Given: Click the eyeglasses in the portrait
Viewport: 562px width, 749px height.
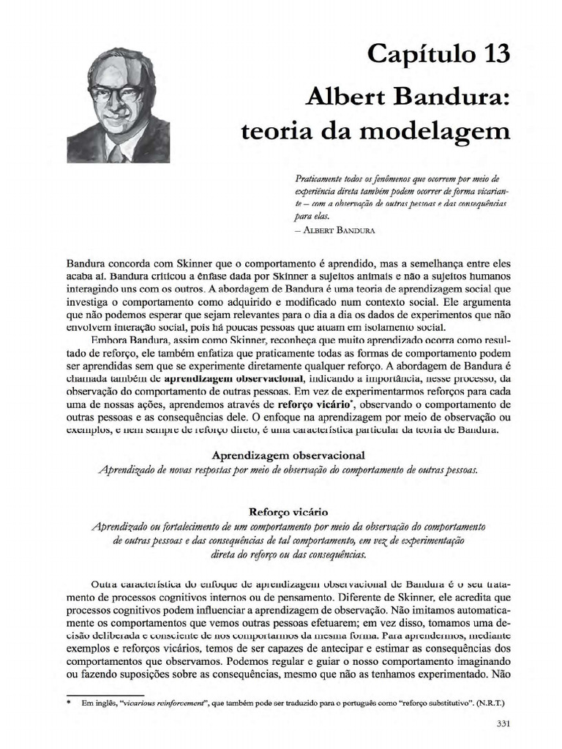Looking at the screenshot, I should pos(116,94).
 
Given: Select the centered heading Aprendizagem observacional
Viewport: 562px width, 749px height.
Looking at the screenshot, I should pos(288,455).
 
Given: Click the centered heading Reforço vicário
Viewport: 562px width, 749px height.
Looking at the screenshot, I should pos(288,513).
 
